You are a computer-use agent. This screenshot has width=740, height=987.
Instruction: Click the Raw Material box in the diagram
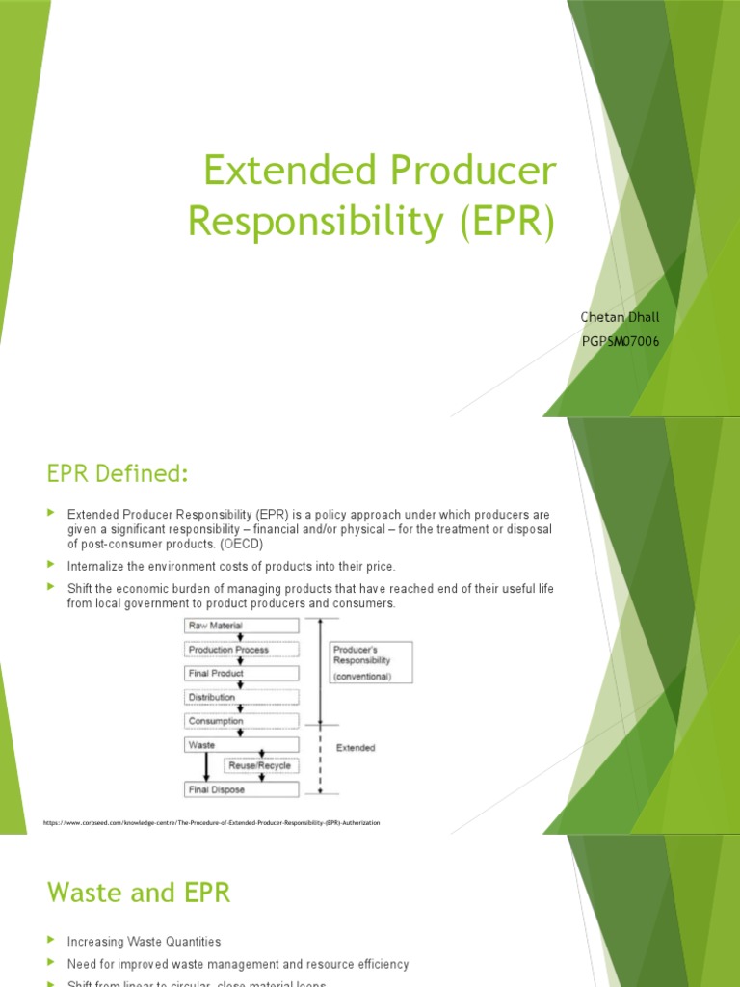pos(241,626)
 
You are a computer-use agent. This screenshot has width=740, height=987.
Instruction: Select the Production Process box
pos(241,650)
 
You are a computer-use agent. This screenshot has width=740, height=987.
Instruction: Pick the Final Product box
pos(241,673)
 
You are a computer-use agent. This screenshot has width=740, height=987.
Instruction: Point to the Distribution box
pos(241,696)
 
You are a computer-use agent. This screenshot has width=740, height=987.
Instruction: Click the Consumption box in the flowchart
pos(241,720)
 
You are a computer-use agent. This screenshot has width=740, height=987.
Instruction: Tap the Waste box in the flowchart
pos(241,744)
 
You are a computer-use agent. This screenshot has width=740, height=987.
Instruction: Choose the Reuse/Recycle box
pos(260,766)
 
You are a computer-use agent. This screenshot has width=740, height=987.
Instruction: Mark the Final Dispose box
pos(241,789)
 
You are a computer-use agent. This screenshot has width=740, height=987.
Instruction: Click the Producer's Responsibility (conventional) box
pos(370,662)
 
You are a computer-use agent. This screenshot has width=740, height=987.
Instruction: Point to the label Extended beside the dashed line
pos(356,747)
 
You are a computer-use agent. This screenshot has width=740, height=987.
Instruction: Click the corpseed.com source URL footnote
pos(212,823)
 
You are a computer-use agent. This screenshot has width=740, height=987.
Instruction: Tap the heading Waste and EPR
pos(140,892)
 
